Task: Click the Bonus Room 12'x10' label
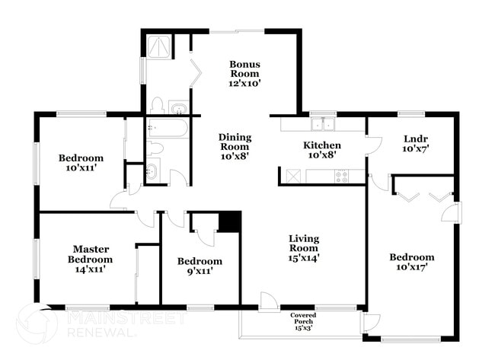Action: click(x=245, y=74)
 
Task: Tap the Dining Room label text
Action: click(x=235, y=146)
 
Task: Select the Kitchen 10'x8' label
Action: click(x=322, y=149)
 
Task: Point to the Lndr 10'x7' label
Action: click(x=416, y=143)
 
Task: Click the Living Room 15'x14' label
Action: click(x=303, y=248)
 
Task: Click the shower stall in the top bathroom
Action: click(x=158, y=48)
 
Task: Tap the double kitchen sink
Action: click(x=324, y=124)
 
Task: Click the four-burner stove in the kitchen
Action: click(x=342, y=177)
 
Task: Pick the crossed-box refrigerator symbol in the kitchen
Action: click(x=292, y=177)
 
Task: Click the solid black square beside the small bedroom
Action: click(x=228, y=221)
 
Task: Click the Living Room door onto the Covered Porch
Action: click(x=268, y=303)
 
